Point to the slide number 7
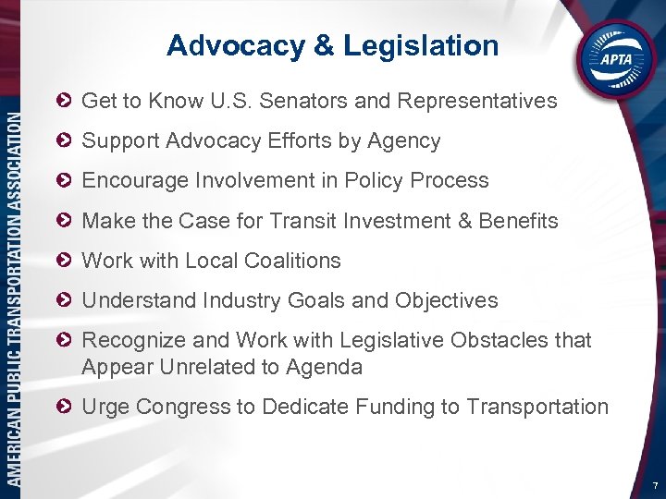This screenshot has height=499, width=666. point(654,485)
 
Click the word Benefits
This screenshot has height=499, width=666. point(518,221)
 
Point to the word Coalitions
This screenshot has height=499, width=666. point(294,261)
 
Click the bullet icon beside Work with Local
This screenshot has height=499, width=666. point(64,261)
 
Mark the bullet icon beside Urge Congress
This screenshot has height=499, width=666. point(64,407)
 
